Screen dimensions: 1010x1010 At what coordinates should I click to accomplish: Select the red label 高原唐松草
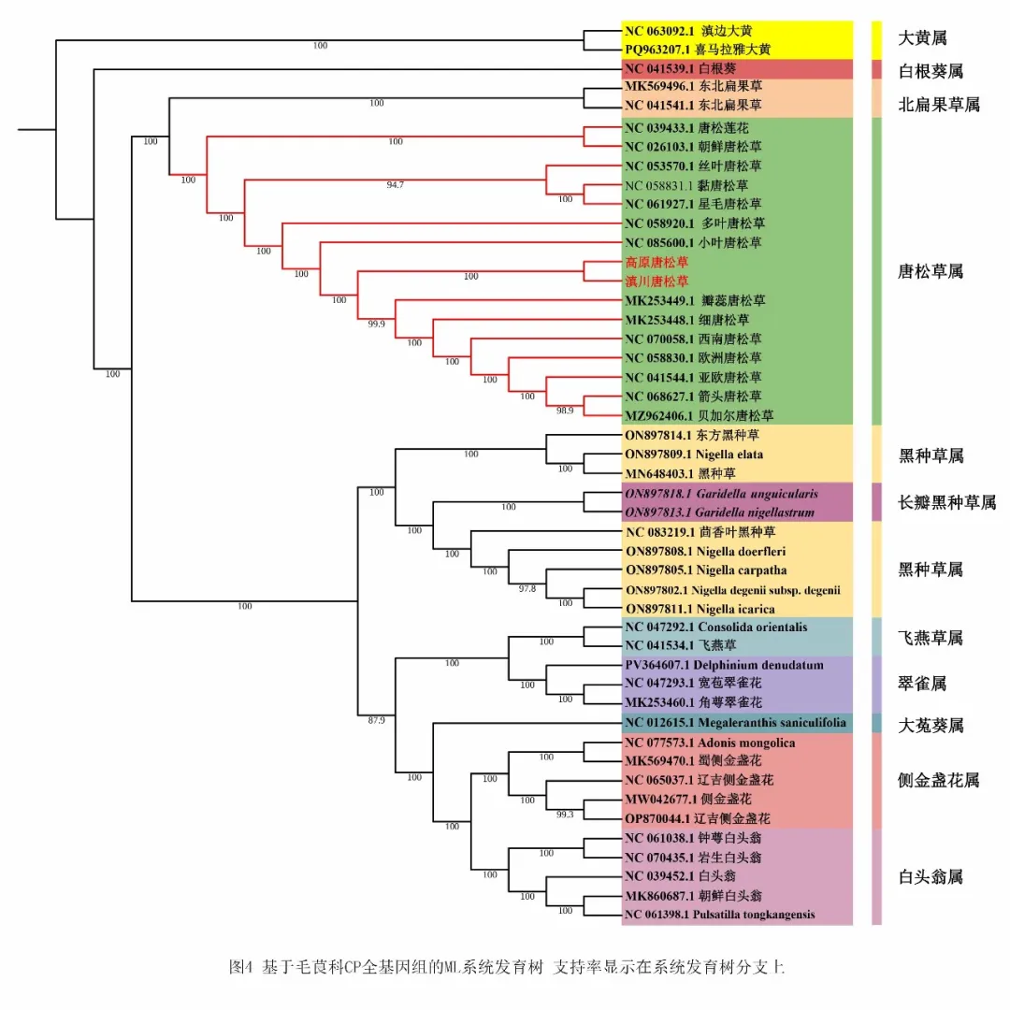point(656,263)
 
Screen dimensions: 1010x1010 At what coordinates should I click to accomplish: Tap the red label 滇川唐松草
point(656,281)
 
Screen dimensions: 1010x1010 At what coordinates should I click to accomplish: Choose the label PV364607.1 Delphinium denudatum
point(724,665)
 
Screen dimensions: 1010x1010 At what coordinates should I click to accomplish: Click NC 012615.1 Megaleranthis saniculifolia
point(735,722)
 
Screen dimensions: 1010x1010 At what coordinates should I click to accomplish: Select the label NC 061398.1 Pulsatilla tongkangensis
point(719,914)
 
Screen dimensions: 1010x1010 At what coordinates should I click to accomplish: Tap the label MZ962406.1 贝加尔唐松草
point(699,415)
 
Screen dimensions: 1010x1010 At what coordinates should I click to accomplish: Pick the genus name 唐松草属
point(930,271)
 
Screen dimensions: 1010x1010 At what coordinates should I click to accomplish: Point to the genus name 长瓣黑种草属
point(946,503)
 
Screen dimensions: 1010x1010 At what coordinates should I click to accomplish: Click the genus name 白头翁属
point(930,876)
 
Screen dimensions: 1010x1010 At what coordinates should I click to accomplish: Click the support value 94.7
point(395,185)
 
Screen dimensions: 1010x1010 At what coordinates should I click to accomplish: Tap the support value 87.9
point(376,720)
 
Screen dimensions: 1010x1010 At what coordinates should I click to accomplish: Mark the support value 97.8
point(527,588)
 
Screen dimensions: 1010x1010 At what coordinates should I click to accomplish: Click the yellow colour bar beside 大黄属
point(877,38)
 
